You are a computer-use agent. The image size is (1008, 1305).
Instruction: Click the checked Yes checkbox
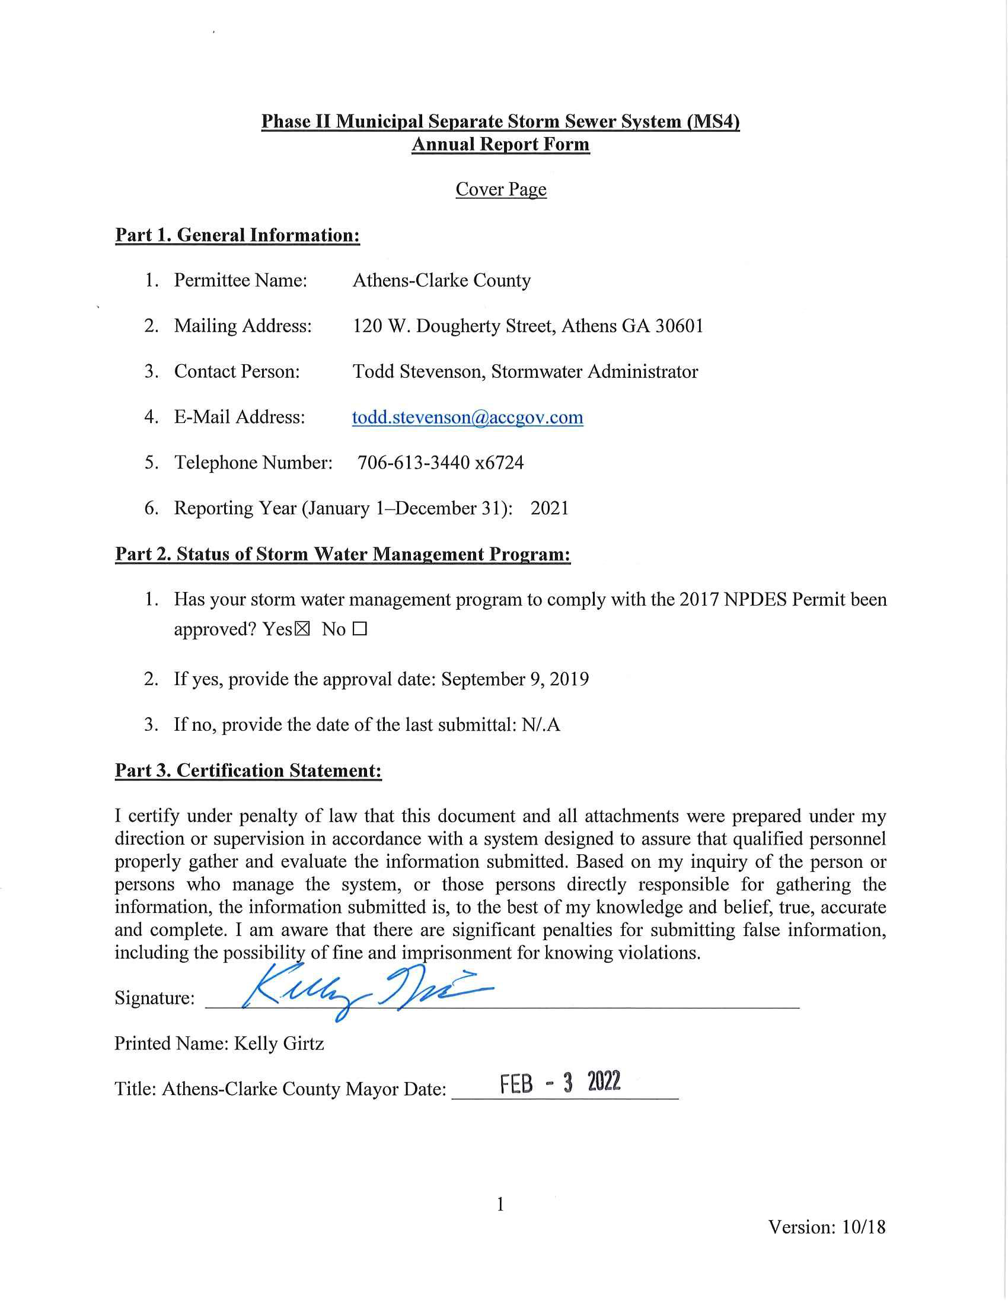tap(303, 629)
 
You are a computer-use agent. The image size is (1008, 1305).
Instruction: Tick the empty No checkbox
tap(359, 629)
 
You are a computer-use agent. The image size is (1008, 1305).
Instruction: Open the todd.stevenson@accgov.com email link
tap(467, 417)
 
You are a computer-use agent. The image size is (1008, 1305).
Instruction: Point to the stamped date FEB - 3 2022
tap(560, 1082)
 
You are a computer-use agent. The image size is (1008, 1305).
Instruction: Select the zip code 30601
tap(680, 326)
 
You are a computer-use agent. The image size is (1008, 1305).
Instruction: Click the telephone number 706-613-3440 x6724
tap(440, 463)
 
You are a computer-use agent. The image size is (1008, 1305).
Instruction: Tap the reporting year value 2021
tap(550, 508)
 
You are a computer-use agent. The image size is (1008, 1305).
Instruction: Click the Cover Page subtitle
tap(500, 189)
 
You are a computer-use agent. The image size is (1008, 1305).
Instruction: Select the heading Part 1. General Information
tap(237, 235)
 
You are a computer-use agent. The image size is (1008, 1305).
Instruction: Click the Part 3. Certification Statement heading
tap(248, 770)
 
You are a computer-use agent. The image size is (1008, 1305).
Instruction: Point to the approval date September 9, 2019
tap(515, 679)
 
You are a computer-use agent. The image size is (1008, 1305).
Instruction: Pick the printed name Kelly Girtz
tap(279, 1044)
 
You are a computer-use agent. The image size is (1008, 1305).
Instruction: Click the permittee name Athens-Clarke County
tap(441, 280)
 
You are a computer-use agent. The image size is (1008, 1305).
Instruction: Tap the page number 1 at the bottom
tap(500, 1204)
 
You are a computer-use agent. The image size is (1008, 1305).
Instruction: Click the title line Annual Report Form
tap(500, 145)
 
